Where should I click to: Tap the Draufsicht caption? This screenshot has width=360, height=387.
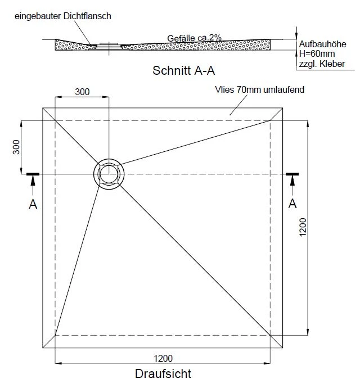[163, 373]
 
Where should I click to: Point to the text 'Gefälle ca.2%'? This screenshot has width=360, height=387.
[194, 38]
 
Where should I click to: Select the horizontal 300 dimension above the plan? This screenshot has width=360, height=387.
[82, 92]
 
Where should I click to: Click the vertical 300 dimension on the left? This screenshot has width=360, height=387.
[16, 147]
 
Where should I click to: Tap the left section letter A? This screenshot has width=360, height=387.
[33, 204]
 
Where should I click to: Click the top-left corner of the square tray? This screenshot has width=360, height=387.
[43, 108]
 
